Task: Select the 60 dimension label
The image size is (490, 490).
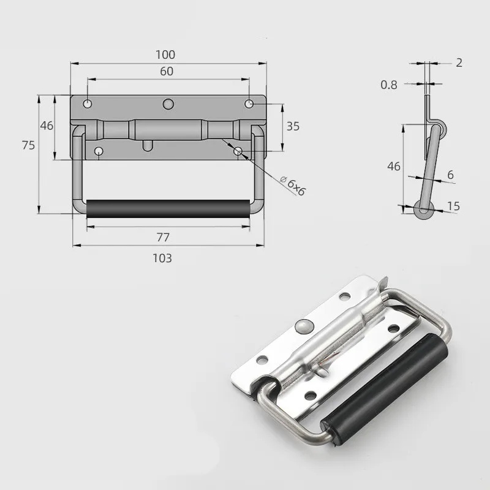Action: coord(167,71)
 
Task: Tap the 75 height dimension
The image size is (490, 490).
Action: coord(28,145)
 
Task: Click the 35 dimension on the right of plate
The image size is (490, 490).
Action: coord(293,127)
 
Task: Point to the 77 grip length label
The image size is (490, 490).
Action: coord(163,236)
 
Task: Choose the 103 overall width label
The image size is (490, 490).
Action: coord(162,258)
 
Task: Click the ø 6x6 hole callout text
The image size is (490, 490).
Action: coord(292,184)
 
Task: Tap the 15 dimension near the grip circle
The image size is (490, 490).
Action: coord(453,207)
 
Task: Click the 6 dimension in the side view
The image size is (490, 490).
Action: coord(450,175)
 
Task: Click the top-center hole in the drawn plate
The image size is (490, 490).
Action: coord(168,105)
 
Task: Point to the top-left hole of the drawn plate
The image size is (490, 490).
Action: coord(89,104)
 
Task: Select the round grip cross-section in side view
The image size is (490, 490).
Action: coord(423,209)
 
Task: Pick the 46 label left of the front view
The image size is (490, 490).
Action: coord(47,126)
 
